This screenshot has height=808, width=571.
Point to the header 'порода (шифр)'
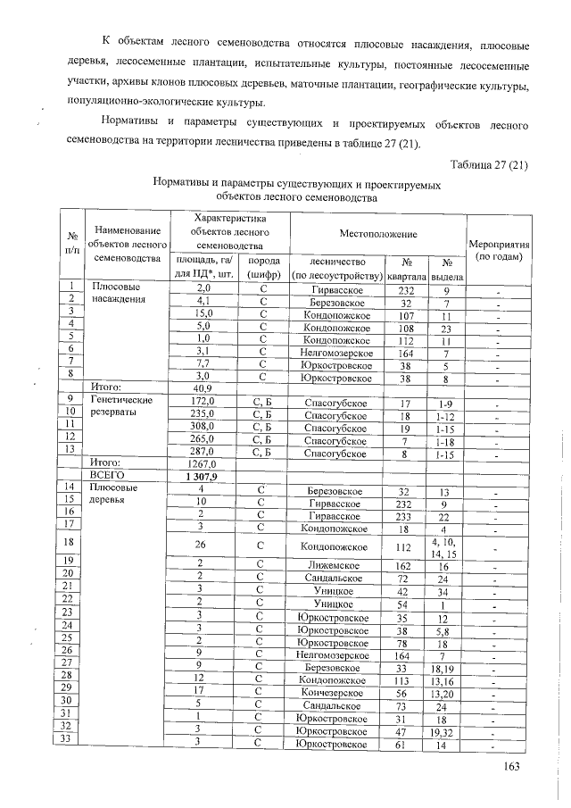click(263, 267)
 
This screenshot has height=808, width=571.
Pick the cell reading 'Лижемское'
click(333, 565)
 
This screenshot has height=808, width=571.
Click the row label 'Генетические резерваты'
click(121, 407)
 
